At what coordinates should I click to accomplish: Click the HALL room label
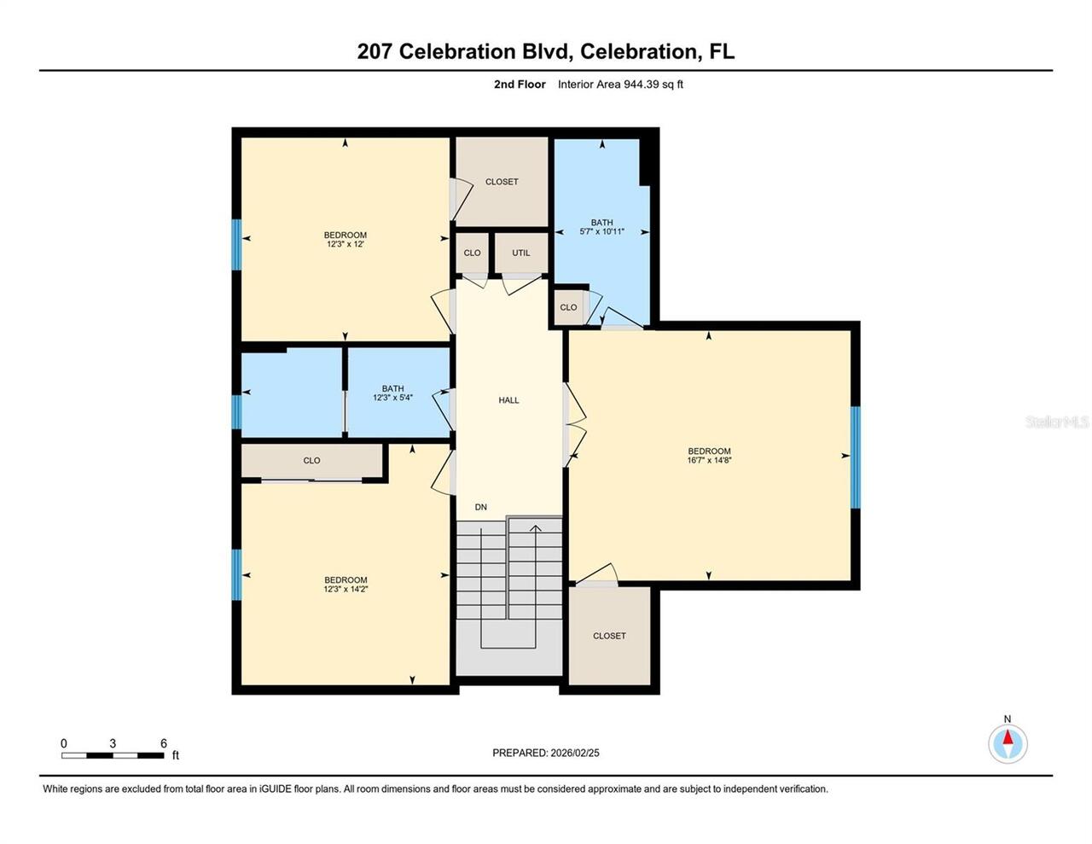pos(508,400)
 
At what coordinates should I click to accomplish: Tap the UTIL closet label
pos(520,253)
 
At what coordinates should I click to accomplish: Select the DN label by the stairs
pos(481,507)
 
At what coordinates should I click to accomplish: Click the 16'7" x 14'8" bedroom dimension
pos(709,460)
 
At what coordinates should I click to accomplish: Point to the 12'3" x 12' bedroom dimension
pos(346,244)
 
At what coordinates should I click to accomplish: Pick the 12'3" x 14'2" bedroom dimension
pos(346,589)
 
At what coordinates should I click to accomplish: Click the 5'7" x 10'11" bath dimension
pos(601,231)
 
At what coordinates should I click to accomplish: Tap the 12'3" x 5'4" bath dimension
pos(392,398)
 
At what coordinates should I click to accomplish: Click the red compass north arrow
pos(1008,737)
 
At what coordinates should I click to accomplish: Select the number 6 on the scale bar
pos(164,743)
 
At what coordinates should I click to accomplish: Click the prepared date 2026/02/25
pos(575,753)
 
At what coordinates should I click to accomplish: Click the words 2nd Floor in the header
pos(520,84)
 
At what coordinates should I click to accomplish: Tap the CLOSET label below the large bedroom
pos(609,636)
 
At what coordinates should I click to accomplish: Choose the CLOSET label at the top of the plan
pos(502,182)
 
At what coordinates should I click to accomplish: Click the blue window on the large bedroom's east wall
pos(856,457)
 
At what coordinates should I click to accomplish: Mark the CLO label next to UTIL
pos(472,253)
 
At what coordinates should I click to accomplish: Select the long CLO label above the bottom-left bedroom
pos(311,461)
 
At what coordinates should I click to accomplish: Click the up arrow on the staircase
pos(536,529)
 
